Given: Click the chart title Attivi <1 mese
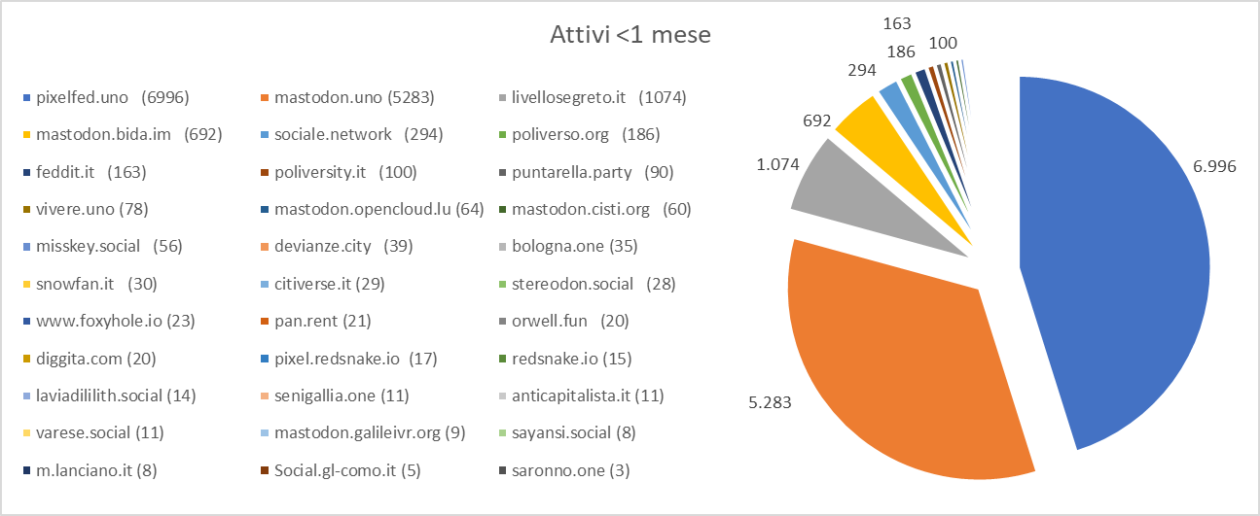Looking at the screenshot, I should tap(630, 36).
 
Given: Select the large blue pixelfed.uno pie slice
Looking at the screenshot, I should tap(1119, 262).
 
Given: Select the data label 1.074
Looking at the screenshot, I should tap(779, 165).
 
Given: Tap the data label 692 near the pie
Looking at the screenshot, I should tap(817, 120).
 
